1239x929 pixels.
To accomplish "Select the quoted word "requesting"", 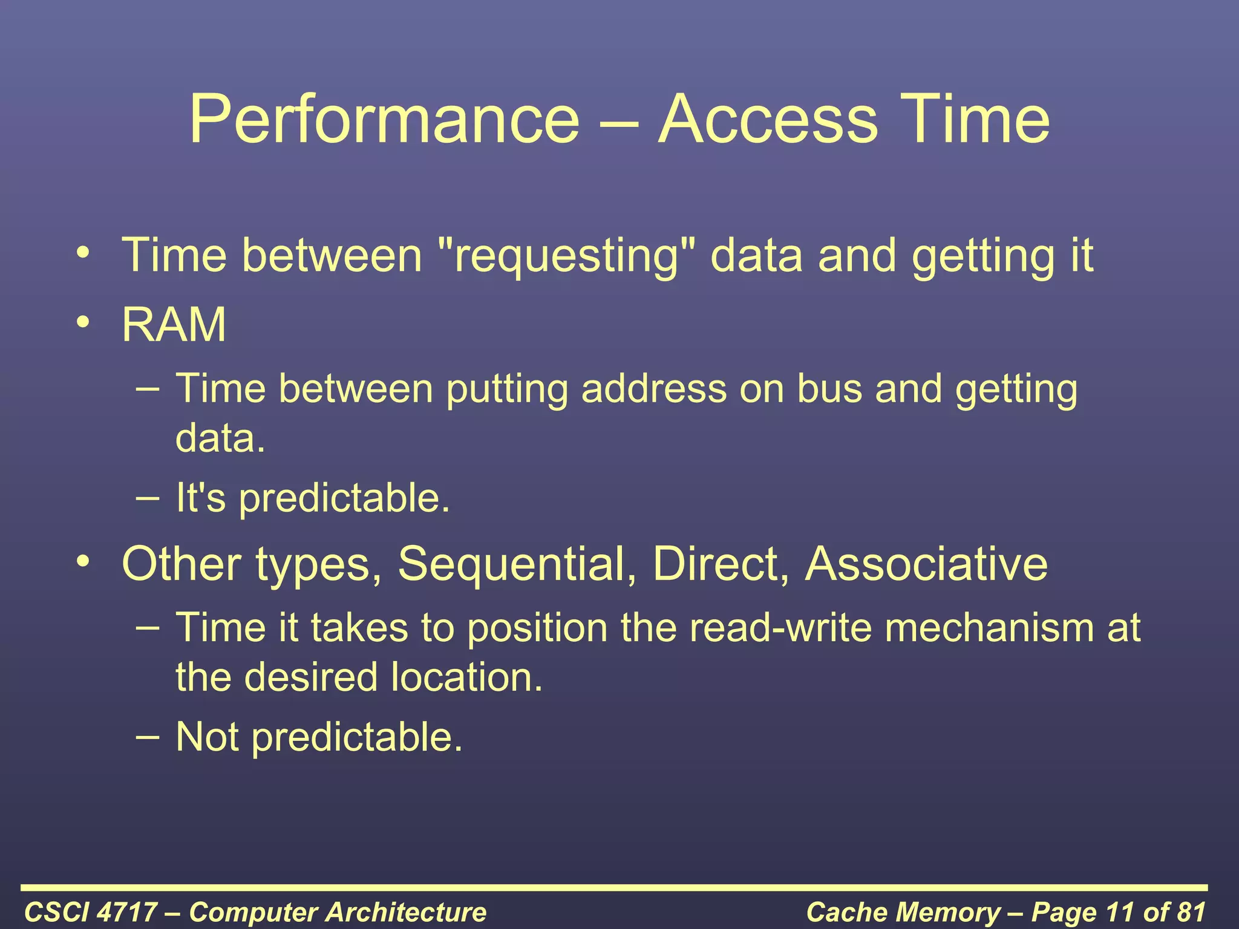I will (566, 255).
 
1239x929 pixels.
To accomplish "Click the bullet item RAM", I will (174, 325).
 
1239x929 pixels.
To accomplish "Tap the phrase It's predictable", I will (313, 498).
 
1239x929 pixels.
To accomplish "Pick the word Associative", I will (926, 564).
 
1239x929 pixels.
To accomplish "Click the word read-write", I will (780, 627).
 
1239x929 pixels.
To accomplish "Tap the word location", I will (466, 677).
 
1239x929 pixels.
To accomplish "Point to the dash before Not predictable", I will (148, 737).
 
